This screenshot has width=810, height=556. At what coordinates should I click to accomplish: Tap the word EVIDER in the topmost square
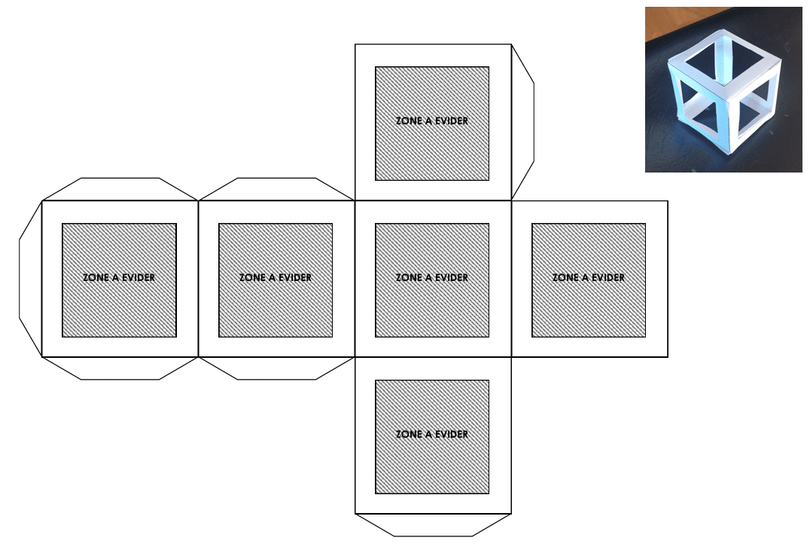452,121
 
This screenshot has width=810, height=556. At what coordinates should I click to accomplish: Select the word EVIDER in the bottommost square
452,435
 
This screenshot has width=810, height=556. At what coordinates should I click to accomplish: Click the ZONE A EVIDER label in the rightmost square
589,278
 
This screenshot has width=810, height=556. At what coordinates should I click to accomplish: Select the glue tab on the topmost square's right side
522,122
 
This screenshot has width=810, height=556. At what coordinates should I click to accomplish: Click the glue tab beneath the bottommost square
433,525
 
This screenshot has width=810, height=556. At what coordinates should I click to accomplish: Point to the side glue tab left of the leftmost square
30,279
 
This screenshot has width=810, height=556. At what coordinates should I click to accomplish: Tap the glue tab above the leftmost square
120,189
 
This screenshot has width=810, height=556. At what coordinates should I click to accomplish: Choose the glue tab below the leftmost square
120,368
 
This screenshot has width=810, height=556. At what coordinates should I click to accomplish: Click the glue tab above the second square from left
276,189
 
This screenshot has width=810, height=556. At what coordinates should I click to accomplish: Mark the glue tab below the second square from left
276,368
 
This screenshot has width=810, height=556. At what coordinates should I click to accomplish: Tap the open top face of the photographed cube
723,59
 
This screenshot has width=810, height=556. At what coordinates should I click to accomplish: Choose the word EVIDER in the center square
452,278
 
